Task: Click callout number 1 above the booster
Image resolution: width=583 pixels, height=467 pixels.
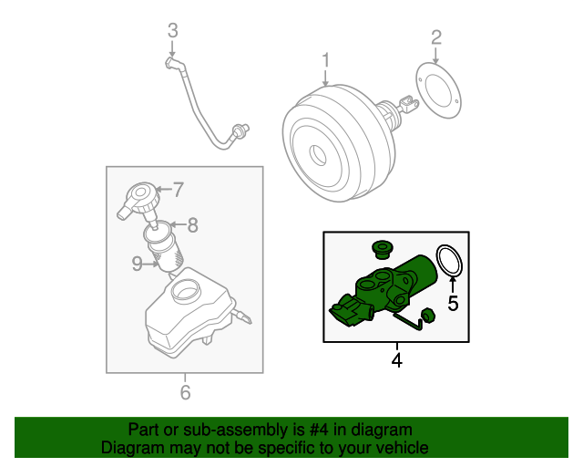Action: (x=325, y=61)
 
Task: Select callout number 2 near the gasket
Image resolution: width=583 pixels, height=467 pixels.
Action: (x=435, y=36)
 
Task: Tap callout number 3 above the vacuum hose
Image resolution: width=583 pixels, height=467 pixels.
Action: (x=172, y=32)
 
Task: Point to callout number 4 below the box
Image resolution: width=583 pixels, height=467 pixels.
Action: (x=396, y=360)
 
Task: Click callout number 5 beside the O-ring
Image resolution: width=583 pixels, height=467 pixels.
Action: (x=452, y=302)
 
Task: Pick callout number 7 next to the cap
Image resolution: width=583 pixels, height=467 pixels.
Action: (x=178, y=191)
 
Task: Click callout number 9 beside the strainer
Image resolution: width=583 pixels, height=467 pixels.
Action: (x=137, y=264)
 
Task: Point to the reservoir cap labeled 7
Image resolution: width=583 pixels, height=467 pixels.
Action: (x=140, y=200)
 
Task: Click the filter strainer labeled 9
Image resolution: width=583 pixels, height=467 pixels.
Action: (x=165, y=251)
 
